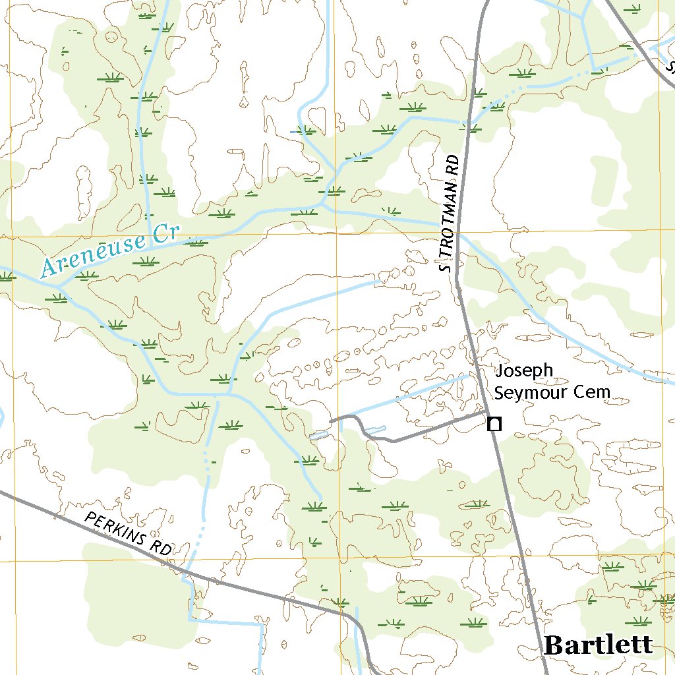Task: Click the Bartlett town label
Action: [599, 645]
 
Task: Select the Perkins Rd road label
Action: [128, 533]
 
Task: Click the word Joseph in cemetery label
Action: [524, 371]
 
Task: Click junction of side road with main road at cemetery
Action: [486, 414]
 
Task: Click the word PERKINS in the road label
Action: [116, 527]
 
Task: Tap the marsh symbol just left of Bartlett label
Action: [472, 623]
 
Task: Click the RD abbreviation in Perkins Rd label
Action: [160, 548]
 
